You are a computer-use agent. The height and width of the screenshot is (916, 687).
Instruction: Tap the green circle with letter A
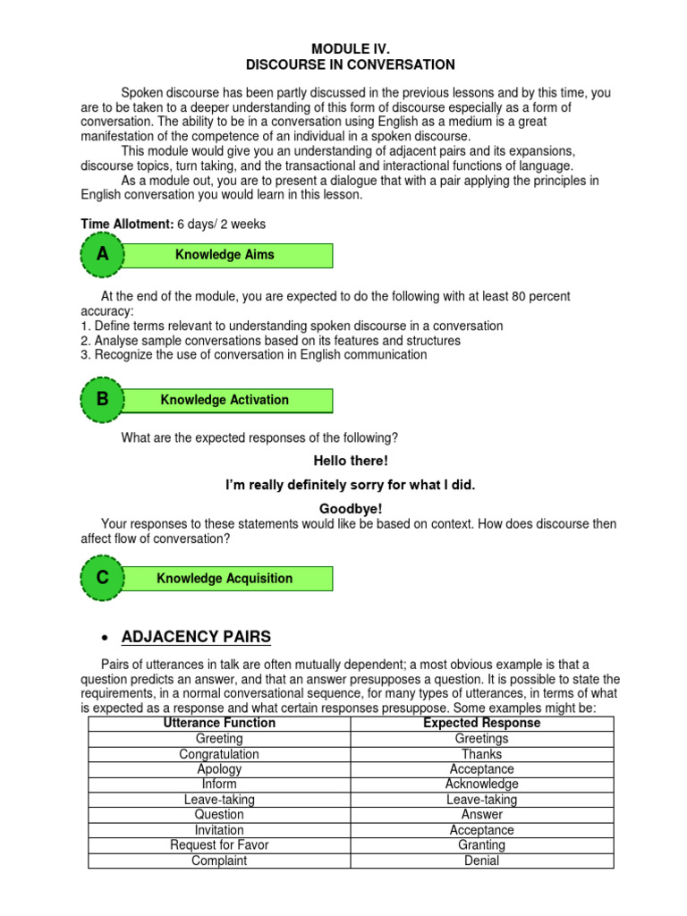coord(103,255)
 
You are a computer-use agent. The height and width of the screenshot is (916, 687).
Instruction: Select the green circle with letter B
coord(103,400)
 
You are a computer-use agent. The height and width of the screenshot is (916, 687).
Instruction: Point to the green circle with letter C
coord(103,578)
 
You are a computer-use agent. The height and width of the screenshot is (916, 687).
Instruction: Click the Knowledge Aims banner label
coord(225,255)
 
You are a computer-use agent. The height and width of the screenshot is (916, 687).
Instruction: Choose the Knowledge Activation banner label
coord(225,400)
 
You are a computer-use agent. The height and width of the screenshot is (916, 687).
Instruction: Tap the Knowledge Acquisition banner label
coord(225,578)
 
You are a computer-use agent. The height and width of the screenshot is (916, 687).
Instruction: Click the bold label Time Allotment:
coord(122,224)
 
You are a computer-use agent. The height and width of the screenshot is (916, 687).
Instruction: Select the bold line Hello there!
coord(351,461)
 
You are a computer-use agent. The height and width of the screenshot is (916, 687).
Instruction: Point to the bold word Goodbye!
coord(351,508)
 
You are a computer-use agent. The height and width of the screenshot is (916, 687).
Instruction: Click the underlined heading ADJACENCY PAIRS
coord(195,637)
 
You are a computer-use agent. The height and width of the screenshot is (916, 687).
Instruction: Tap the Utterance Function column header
coord(219,723)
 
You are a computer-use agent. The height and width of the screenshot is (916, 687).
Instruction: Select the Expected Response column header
coord(481,723)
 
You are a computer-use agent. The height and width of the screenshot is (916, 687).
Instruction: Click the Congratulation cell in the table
coord(219,754)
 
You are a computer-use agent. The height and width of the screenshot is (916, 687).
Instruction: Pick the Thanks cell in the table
coord(481,754)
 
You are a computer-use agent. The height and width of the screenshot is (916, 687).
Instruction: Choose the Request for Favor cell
coord(219,845)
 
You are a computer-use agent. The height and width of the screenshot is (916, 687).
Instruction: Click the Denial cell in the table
coord(481,861)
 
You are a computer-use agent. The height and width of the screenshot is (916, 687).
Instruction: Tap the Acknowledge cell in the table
coord(481,785)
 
